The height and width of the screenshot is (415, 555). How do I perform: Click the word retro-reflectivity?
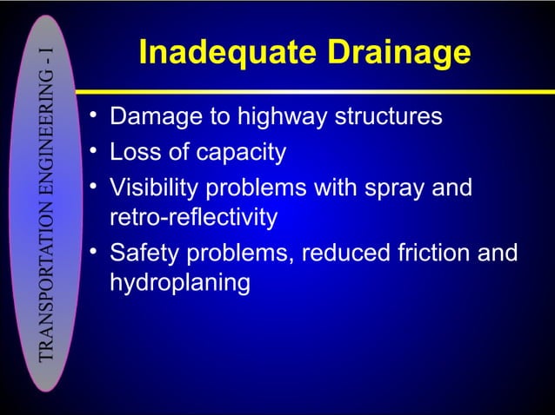click(x=193, y=217)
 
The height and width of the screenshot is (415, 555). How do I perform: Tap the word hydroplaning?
click(x=180, y=283)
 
